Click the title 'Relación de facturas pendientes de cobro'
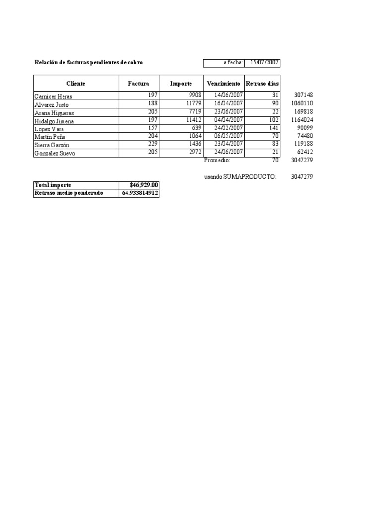point(90,63)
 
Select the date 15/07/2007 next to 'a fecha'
point(264,63)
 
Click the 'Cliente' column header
point(76,84)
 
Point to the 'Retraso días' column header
point(262,84)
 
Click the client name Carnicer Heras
point(53,96)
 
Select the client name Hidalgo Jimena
point(54,121)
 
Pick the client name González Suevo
point(55,153)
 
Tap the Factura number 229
point(152,144)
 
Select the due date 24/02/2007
point(228,128)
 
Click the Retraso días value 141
point(273,128)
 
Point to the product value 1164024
point(302,120)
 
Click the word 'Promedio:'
point(217,161)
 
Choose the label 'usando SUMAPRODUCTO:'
point(241,177)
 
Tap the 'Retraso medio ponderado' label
point(68,193)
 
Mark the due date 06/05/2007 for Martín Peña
point(228,136)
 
